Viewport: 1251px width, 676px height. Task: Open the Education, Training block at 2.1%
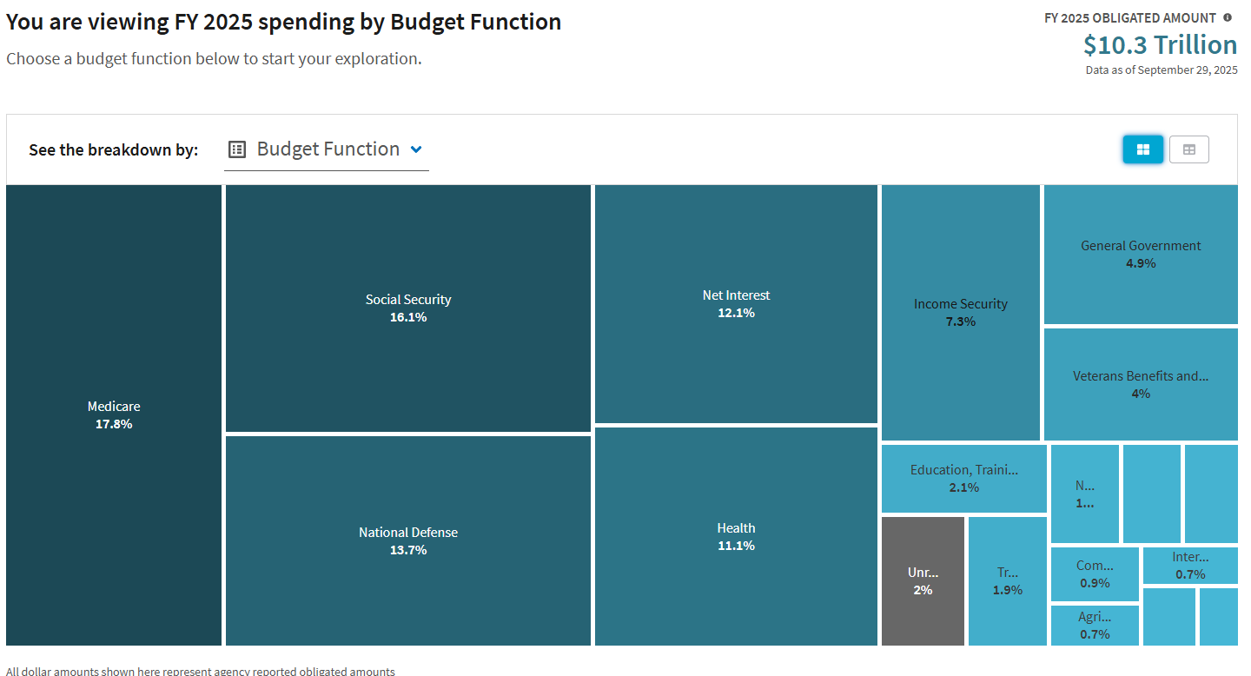point(963,478)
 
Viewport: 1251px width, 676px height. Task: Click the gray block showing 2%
point(923,581)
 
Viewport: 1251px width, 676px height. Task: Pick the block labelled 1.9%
point(1008,581)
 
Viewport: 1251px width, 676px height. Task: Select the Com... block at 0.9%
point(1095,573)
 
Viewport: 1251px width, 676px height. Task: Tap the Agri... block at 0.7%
point(1095,626)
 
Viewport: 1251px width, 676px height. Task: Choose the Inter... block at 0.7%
point(1190,566)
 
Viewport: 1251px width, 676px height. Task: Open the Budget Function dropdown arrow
point(416,149)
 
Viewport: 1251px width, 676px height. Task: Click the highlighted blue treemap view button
point(1142,149)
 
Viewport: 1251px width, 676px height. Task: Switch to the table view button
point(1189,149)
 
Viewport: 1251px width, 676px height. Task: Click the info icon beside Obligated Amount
point(1228,17)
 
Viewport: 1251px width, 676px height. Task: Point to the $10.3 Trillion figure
point(1160,45)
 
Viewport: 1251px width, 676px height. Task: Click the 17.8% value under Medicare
point(114,424)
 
